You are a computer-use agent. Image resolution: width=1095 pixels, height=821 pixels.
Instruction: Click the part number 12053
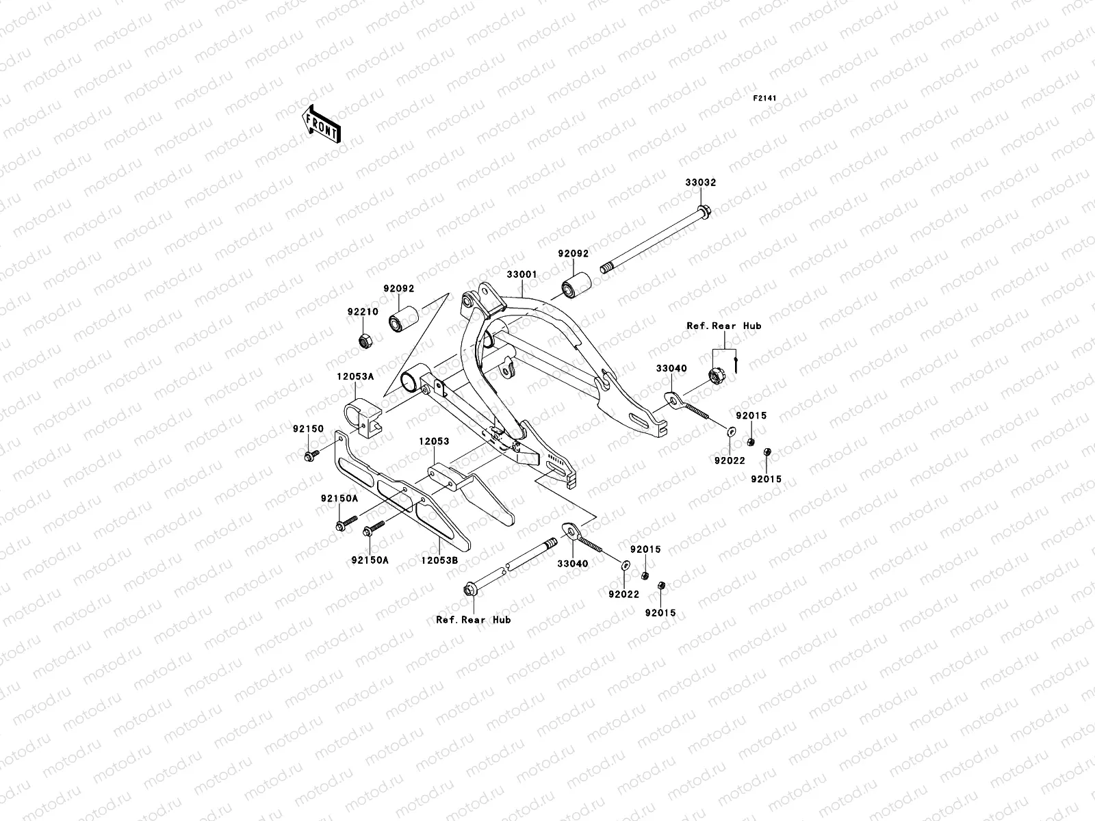(x=435, y=441)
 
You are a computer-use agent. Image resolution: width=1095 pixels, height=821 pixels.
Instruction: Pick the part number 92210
(x=362, y=311)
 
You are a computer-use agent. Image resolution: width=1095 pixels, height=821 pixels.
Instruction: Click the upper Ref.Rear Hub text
(x=724, y=326)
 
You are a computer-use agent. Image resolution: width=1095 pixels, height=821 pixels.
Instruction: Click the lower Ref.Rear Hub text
(x=473, y=620)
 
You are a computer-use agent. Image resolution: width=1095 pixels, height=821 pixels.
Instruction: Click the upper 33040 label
(x=671, y=369)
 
